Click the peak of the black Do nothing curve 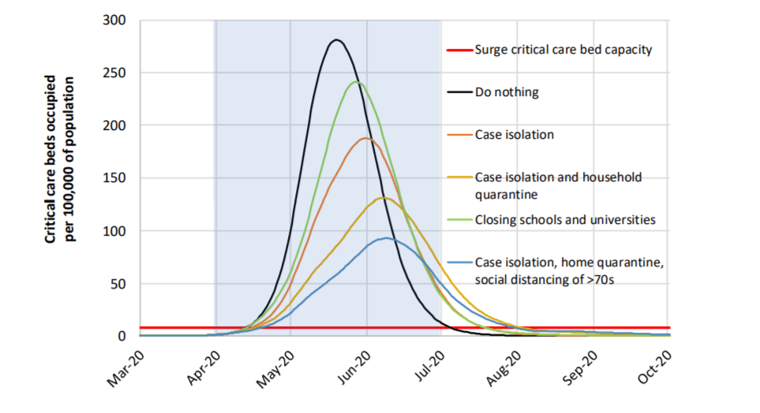coord(336,39)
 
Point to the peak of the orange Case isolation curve coord(365,138)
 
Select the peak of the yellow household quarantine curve coord(383,197)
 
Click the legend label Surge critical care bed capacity coord(563,49)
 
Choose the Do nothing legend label coord(507,91)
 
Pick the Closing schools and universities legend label coord(565,219)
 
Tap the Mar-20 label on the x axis coord(125,370)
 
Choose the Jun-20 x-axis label coord(354,370)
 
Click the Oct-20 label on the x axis coord(657,370)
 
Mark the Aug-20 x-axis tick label coord(505,370)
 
